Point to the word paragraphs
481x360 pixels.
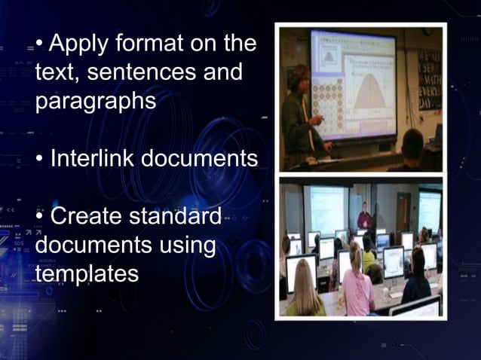click(95, 102)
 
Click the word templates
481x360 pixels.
click(87, 273)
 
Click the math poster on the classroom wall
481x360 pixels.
click(429, 80)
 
